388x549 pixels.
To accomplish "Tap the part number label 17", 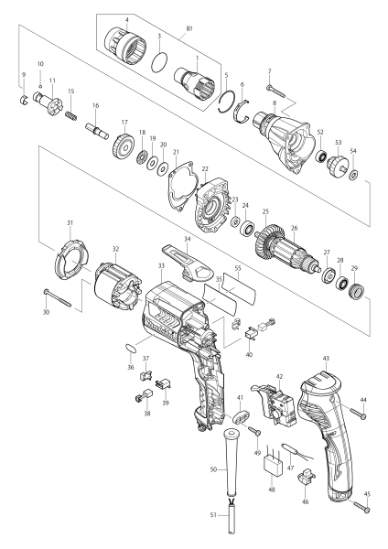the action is (x=124, y=123).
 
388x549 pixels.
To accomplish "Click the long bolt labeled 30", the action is (x=58, y=298).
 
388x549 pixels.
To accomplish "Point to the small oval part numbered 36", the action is (x=130, y=349).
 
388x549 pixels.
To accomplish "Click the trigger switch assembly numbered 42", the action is (x=275, y=403).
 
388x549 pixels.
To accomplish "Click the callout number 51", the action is (x=213, y=515).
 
